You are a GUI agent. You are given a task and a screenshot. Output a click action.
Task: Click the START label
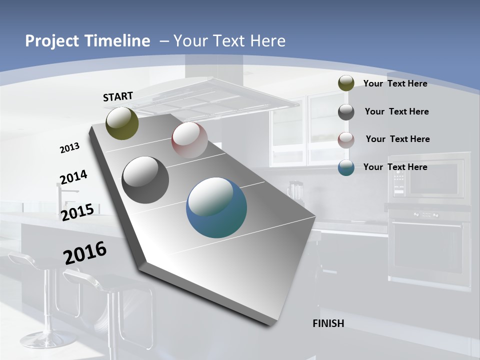click(x=118, y=96)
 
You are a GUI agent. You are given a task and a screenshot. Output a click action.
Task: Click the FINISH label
click(x=328, y=323)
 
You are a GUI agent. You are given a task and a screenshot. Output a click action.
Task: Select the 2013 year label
click(x=69, y=148)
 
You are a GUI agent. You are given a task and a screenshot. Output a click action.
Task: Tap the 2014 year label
click(x=73, y=177)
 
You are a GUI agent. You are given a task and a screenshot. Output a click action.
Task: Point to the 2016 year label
click(x=85, y=253)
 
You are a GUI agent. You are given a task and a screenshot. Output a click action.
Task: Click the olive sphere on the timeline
click(x=122, y=123)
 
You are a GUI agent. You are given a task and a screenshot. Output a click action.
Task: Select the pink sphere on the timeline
click(x=189, y=140)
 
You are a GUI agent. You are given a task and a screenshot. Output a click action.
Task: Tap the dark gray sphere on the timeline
click(x=145, y=180)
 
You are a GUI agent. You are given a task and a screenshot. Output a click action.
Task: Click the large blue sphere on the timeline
click(x=216, y=207)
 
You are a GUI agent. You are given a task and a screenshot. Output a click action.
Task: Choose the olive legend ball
click(x=346, y=83)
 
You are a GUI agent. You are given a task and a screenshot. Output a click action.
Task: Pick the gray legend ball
click(x=346, y=112)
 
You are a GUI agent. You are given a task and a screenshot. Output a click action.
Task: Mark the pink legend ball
click(x=346, y=140)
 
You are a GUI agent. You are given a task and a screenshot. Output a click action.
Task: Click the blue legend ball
click(x=346, y=167)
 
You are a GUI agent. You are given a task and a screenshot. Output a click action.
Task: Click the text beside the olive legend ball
click(x=395, y=83)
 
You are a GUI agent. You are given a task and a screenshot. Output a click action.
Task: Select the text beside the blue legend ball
click(x=395, y=167)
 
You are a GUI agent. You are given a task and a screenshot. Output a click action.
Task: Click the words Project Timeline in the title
click(x=87, y=41)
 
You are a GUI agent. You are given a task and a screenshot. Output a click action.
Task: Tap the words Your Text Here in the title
click(x=229, y=41)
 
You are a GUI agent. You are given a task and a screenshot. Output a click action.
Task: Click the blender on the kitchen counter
click(x=295, y=190)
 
